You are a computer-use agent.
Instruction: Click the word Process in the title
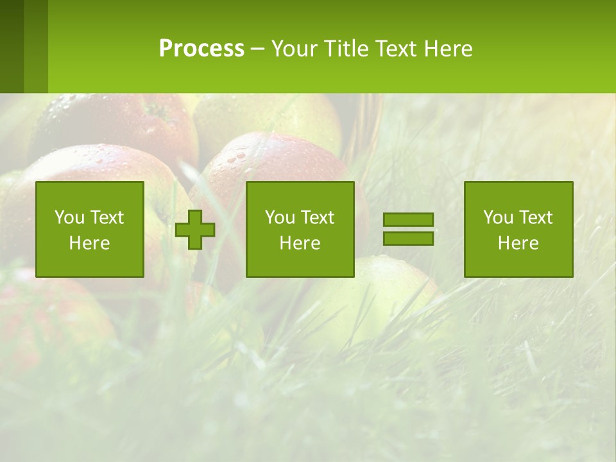click(x=201, y=49)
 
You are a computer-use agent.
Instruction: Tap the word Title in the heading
click(x=347, y=49)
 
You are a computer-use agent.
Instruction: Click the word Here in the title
click(x=449, y=49)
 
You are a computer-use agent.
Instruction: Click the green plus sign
click(x=195, y=230)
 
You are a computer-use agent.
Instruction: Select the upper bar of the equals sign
click(x=408, y=220)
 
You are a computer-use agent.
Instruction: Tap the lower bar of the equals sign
click(x=408, y=238)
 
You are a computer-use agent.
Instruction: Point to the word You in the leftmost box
click(x=69, y=218)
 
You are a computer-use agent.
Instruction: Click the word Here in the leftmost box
click(x=90, y=243)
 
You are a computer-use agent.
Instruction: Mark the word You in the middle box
click(x=279, y=218)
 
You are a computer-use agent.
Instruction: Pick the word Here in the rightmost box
click(x=518, y=243)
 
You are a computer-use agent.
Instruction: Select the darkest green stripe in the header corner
click(x=12, y=46)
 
